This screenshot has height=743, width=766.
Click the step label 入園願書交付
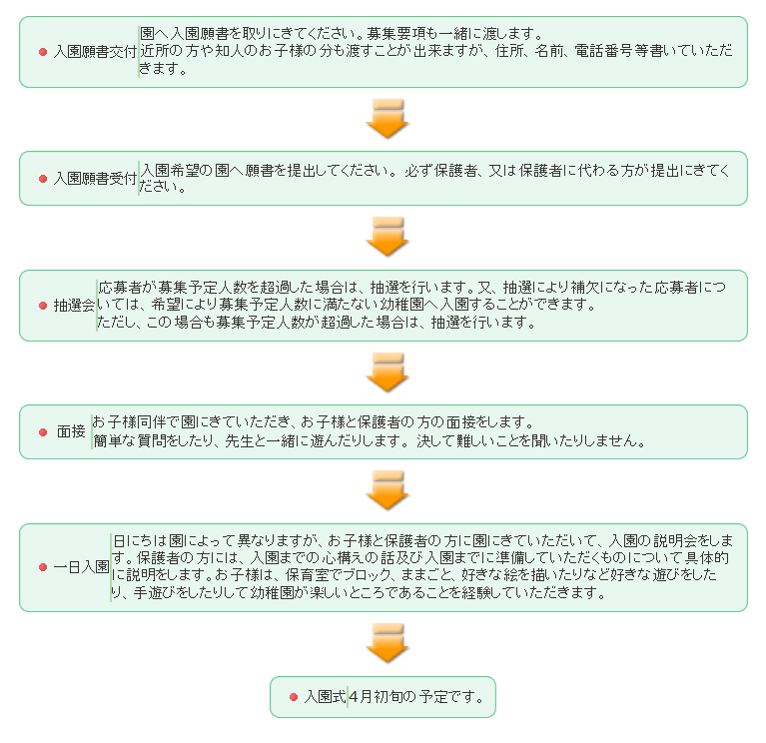click(x=95, y=52)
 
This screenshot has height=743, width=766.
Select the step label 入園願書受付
click(x=95, y=179)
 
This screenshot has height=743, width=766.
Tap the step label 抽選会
click(x=74, y=306)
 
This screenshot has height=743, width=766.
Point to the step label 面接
click(x=71, y=432)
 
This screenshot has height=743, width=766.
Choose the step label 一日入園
click(x=81, y=567)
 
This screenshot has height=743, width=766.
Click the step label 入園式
click(x=325, y=697)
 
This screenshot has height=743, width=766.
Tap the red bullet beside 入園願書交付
click(x=43, y=52)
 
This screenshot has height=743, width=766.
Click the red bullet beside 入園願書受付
click(x=43, y=179)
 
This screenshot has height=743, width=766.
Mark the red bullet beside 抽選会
click(x=43, y=306)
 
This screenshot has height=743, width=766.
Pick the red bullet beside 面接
click(x=43, y=432)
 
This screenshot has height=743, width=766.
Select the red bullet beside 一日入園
click(x=43, y=567)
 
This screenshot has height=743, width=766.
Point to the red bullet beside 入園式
click(x=294, y=697)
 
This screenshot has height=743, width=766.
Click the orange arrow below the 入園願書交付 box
click(x=387, y=118)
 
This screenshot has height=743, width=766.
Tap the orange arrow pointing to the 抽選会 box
click(x=387, y=237)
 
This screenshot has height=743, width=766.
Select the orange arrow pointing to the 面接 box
click(x=387, y=371)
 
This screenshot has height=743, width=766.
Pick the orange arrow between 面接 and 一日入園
click(x=387, y=490)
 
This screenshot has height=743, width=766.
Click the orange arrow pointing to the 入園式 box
click(x=387, y=643)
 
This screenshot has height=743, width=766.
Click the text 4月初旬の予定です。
click(x=419, y=697)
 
